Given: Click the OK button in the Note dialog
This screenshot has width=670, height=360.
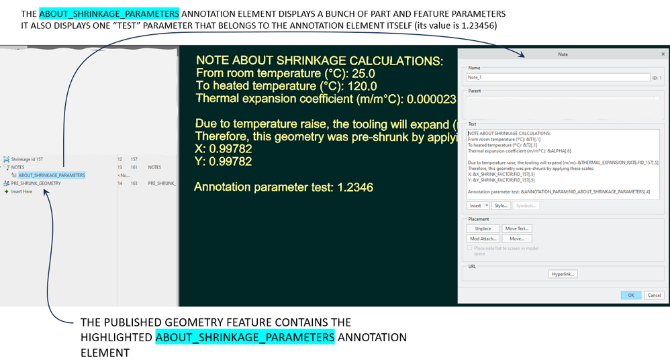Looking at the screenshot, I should point(630,295).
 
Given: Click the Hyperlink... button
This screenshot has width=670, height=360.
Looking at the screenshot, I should point(563,274).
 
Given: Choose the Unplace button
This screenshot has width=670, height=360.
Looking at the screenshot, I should point(483,228).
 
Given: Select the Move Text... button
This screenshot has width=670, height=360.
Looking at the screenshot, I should point(517,228).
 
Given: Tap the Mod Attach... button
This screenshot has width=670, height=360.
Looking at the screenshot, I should point(483,238).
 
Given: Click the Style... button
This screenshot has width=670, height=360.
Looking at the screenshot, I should point(500,206).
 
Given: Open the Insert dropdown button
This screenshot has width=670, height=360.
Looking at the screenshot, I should point(477,206).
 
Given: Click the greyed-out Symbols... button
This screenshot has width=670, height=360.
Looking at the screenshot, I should point(526,206).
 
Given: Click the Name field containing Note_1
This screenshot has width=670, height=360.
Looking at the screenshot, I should point(557,78).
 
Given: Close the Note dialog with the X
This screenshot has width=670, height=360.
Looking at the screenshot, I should point(663,54).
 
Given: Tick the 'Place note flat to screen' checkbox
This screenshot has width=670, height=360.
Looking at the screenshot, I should point(470,249).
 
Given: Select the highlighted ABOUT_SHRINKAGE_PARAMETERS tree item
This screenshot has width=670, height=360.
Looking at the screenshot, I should point(52,175).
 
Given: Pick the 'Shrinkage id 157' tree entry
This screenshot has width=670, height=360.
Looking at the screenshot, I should point(27,159).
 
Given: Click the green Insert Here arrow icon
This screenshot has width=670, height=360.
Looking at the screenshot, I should point(6,191).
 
